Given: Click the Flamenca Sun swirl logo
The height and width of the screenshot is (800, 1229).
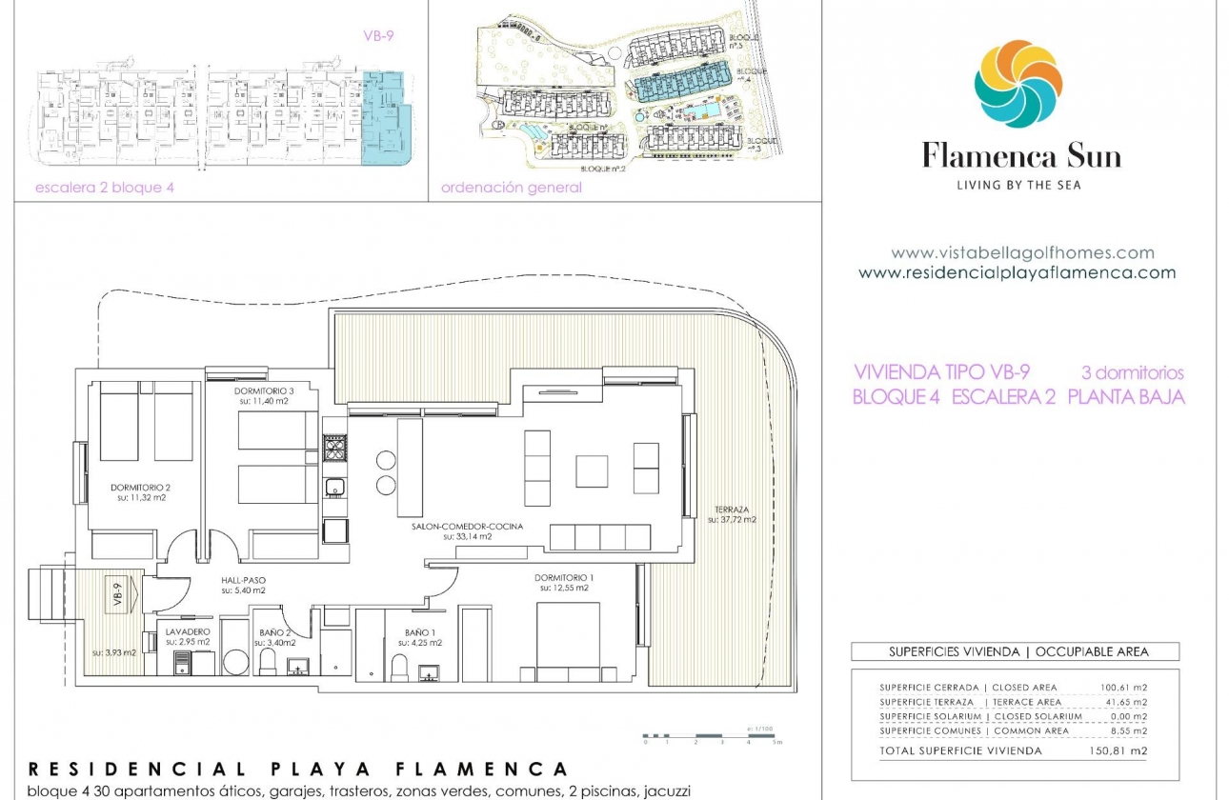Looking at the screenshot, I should point(1017,84).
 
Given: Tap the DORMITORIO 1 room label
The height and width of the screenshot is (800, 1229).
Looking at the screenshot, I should point(561,577).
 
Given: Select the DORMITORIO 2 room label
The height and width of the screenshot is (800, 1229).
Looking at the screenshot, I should point(139,487).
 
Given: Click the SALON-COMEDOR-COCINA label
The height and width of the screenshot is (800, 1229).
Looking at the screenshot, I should point(467,526).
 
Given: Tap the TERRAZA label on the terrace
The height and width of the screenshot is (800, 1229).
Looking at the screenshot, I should point(731,510).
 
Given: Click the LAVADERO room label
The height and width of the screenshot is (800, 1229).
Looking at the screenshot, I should point(187,631).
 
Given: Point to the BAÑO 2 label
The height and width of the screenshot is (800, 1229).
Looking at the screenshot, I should point(274,631).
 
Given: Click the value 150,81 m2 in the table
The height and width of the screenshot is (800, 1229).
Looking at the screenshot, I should point(1118,750).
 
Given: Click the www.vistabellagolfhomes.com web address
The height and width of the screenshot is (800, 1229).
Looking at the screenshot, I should point(1022,253).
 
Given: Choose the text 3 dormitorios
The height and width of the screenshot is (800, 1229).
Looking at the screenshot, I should point(1132,372).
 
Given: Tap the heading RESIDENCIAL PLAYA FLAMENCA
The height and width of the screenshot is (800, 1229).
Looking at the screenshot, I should point(298,769).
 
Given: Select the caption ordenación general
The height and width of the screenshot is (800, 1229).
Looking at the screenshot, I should point(511,188).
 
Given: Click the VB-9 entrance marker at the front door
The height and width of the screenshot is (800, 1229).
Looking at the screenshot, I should point(119,594).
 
